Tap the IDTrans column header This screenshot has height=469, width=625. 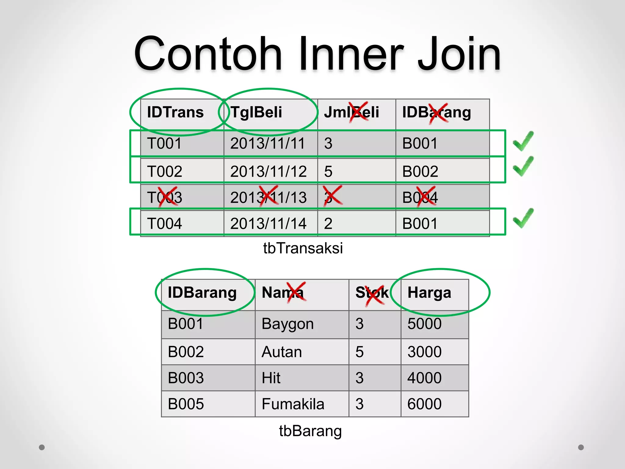tap(175, 112)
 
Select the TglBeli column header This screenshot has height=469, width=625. tap(256, 112)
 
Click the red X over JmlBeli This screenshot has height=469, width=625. tap(359, 112)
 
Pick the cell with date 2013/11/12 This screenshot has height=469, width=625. tap(268, 171)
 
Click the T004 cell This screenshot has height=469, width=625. tap(164, 224)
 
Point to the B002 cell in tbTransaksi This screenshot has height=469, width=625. tap(420, 171)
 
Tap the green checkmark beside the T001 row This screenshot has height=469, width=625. tap(523, 141)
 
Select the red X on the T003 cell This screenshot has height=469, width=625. tap(168, 197)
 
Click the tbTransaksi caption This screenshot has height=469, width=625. tap(303, 248)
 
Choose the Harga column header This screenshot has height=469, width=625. tap(429, 293)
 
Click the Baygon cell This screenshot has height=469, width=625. tap(287, 324)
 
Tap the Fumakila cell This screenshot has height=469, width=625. tap(293, 404)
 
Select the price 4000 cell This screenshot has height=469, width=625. tap(424, 378)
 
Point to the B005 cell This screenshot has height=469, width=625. tap(186, 404)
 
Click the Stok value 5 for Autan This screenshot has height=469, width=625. tap(359, 352)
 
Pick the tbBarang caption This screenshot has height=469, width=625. tap(310, 431)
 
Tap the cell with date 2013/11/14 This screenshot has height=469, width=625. tap(268, 224)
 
